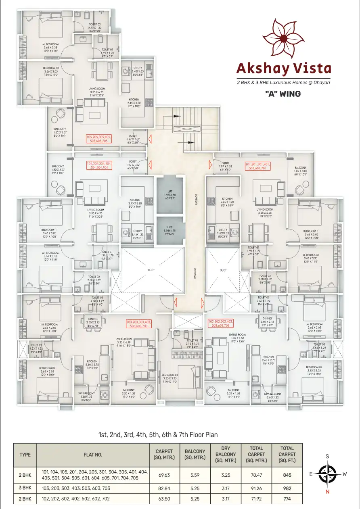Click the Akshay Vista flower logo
coord(283,39)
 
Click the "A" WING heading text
coord(283,94)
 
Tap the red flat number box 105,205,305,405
coord(99,139)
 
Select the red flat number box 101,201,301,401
coord(258,166)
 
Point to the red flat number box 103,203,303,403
coord(138,323)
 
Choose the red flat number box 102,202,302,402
coord(221,323)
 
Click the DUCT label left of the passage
coord(140,270)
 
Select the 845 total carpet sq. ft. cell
coord(287,475)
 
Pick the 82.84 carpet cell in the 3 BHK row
coord(163,488)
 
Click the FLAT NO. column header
coord(93,455)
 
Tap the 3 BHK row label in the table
coord(25,488)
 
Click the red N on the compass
coord(327,492)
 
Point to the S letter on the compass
coord(327,456)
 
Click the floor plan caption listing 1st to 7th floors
coord(158,435)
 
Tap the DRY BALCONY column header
coord(226,455)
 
